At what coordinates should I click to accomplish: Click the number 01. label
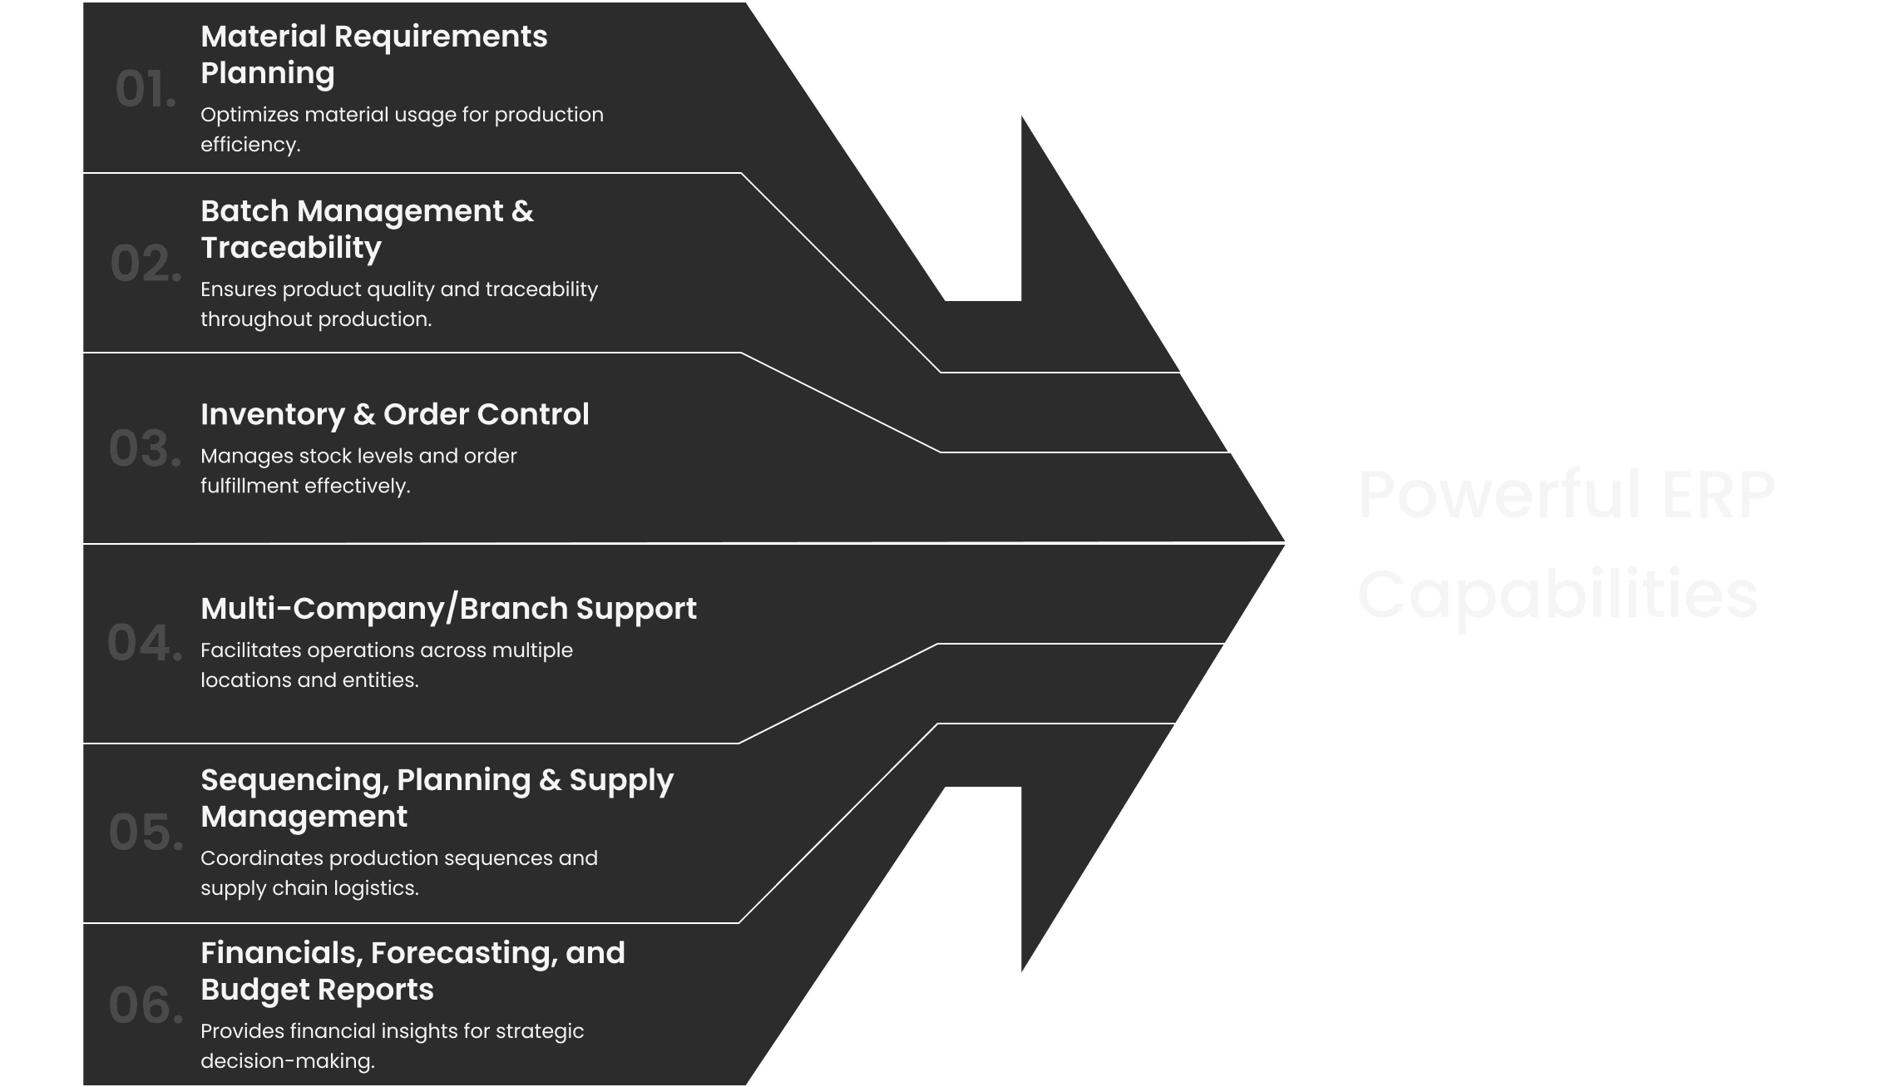point(146,90)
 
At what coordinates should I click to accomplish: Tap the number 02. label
point(146,264)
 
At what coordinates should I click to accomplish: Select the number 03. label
point(145,448)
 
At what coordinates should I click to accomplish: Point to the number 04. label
point(145,644)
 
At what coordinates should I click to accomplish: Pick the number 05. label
point(146,833)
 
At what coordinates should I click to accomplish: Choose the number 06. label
point(146,1005)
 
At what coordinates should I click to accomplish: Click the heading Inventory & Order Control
point(394,414)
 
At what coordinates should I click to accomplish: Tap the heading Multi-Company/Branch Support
point(448,609)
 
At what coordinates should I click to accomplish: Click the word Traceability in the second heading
point(291,248)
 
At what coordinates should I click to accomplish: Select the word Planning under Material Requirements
point(268,73)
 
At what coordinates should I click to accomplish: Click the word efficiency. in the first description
point(250,145)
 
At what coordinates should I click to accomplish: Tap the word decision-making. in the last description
point(288,1061)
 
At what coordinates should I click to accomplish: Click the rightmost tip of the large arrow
point(1285,543)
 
